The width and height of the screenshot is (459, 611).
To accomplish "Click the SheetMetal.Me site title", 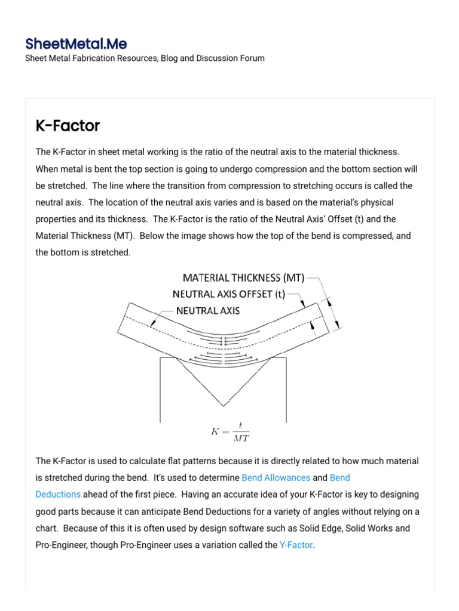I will pyautogui.click(x=76, y=44).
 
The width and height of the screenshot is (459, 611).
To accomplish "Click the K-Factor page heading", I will pyautogui.click(x=68, y=126).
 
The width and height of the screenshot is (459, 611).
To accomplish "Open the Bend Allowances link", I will pyautogui.click(x=276, y=477).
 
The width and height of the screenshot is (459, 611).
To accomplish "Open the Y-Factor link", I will pyautogui.click(x=296, y=545).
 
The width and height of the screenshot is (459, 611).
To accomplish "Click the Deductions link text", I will pyautogui.click(x=58, y=494).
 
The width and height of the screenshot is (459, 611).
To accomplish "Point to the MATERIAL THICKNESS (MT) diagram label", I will pyautogui.click(x=243, y=277).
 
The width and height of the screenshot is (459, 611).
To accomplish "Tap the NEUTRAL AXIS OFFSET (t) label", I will pyautogui.click(x=229, y=294).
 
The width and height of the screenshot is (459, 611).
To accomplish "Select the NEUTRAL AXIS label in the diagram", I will pyautogui.click(x=208, y=310).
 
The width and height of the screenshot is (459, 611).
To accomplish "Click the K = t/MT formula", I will pyautogui.click(x=230, y=432).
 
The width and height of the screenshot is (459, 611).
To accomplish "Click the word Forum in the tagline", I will pyautogui.click(x=252, y=58).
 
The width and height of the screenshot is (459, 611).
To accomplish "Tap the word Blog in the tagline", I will pyautogui.click(x=170, y=58).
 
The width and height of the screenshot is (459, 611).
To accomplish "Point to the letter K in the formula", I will pyautogui.click(x=215, y=432).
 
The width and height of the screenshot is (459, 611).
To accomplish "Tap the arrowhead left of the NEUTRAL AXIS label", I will pyautogui.click(x=154, y=323).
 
